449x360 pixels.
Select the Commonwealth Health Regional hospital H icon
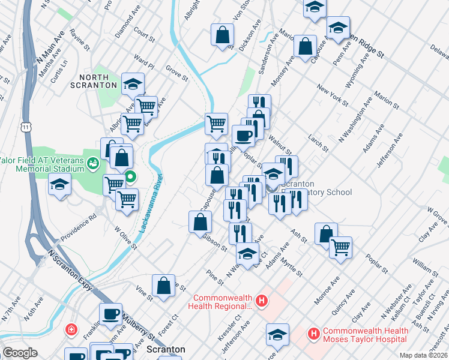point(261,301)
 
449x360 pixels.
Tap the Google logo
point(20,353)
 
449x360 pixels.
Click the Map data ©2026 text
point(423,355)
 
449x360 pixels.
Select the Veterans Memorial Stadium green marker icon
point(93,163)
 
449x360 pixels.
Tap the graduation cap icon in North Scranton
point(133,85)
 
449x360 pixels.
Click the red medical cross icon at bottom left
point(71,329)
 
